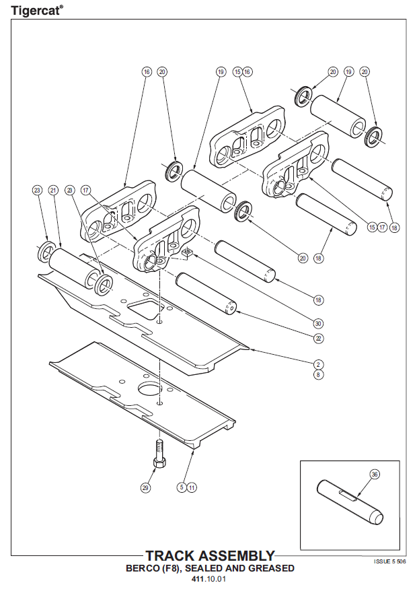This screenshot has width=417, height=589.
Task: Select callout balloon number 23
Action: (x=36, y=190)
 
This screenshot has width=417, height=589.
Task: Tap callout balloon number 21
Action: (x=53, y=190)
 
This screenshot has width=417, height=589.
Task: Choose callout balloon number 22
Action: (x=318, y=338)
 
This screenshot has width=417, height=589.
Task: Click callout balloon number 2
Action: (x=318, y=363)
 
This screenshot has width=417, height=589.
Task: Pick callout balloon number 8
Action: (x=318, y=374)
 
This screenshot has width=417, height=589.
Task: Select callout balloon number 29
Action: (x=145, y=487)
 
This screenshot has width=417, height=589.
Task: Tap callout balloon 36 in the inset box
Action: (x=375, y=475)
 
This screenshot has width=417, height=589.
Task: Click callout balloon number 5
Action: (x=182, y=487)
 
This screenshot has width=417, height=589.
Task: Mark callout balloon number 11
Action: (x=192, y=487)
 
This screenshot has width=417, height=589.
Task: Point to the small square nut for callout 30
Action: (x=189, y=254)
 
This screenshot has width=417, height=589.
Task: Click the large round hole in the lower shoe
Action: (x=149, y=389)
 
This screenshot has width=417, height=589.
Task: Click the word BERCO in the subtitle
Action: (x=143, y=568)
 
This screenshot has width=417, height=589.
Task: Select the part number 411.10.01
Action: (x=209, y=579)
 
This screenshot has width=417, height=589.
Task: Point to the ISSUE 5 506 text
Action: (x=389, y=560)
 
